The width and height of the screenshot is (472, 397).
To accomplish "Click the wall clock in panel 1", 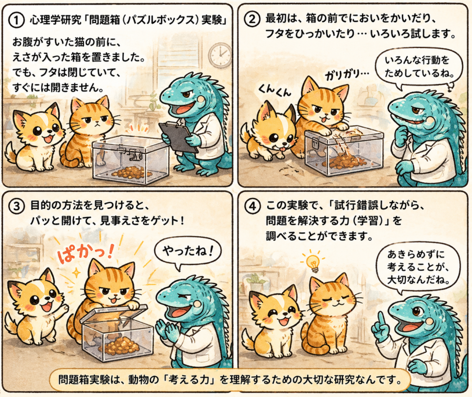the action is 220,55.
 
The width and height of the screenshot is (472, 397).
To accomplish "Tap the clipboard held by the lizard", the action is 177,136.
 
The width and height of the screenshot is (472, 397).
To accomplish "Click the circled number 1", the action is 17,20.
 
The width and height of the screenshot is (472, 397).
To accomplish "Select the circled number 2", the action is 252,18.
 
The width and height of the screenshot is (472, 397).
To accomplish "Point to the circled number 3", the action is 17,206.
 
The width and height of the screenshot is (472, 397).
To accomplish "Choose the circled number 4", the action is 252,206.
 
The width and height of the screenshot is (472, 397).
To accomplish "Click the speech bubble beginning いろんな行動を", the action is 419,68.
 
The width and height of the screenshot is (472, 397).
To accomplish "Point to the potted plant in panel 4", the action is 255,279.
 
